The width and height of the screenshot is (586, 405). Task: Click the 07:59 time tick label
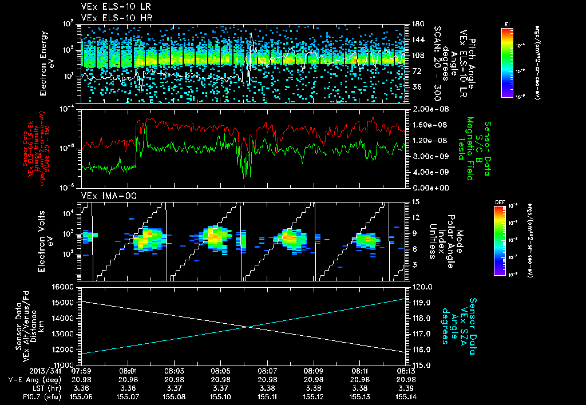[83, 371]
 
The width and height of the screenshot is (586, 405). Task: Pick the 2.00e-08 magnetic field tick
[426, 109]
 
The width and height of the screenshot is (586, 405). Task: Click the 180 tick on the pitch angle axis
[416, 24]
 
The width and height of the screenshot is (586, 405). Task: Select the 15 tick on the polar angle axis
[414, 201]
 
